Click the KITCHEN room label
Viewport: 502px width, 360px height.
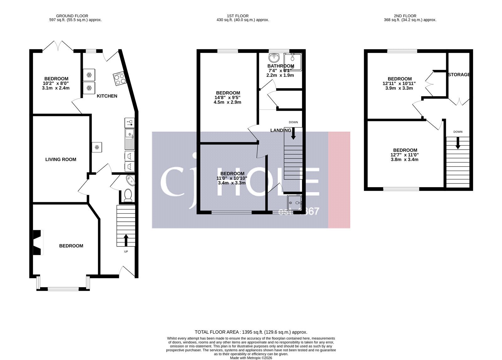point(107,96)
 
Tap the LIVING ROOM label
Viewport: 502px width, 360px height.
point(61,160)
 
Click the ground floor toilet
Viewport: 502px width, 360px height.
point(128,195)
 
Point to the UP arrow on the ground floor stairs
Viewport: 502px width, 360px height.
point(126,240)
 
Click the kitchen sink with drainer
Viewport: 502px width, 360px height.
point(130,139)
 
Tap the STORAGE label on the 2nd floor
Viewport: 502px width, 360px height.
point(459,75)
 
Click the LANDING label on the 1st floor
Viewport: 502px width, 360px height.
point(280,130)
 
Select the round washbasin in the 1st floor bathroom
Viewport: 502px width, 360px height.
point(274,58)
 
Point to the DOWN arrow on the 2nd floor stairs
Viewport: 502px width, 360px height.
point(458,143)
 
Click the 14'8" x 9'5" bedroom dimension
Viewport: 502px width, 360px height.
point(227,98)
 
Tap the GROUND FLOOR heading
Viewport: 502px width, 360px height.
point(72,16)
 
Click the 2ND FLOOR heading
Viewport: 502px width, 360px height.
point(405,16)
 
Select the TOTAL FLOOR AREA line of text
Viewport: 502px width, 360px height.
point(251,332)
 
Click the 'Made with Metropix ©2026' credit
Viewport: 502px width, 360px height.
point(251,358)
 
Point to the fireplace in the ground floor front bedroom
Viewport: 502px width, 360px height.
point(37,242)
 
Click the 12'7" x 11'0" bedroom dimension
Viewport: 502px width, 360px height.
point(404,155)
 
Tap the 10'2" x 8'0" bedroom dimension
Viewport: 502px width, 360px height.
point(56,83)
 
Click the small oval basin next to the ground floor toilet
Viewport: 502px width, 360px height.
point(131,181)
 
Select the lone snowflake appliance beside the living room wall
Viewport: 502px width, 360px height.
point(97,147)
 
